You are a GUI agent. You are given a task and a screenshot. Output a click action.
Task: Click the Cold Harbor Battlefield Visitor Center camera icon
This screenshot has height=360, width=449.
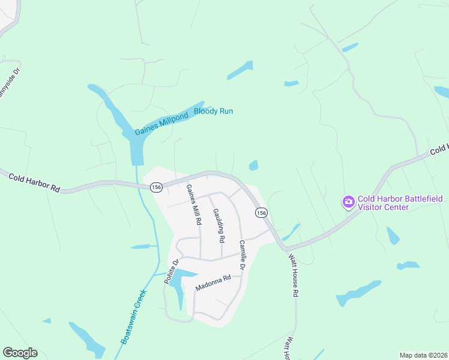point(348,202)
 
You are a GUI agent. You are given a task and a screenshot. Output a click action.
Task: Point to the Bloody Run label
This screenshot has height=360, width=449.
point(213,111)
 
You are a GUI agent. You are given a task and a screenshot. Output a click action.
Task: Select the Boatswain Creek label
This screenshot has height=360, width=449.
point(133,314)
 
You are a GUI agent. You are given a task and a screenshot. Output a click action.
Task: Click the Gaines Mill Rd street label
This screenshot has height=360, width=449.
point(193,205)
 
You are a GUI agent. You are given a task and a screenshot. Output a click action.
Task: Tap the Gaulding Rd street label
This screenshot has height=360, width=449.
point(218,225)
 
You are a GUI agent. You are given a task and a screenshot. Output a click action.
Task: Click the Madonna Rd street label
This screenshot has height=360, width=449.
point(213,283)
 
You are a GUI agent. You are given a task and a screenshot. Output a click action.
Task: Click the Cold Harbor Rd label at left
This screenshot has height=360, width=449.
point(34,182)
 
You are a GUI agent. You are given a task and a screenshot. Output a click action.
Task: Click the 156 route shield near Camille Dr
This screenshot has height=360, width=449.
point(261,213)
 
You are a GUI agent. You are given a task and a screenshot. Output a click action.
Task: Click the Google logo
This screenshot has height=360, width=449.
point(20,353)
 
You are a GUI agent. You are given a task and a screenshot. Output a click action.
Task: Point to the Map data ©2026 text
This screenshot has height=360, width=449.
point(423,355)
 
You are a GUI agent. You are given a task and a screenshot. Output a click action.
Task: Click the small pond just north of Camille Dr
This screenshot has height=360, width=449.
point(253,165)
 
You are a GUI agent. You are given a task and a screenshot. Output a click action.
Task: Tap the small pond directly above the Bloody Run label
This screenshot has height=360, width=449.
point(240,70)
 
